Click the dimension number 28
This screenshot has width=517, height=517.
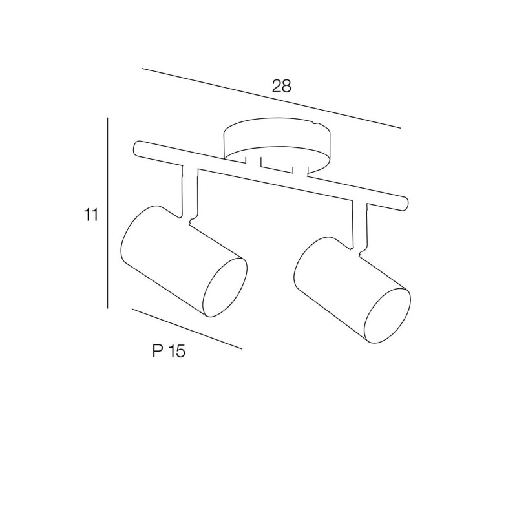point(282,86)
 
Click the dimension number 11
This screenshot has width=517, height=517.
point(90,215)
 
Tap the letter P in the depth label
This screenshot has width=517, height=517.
point(157,351)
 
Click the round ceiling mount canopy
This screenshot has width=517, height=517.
point(277,144)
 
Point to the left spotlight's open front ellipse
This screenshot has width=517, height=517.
point(224,287)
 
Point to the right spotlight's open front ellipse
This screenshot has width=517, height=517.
point(387,316)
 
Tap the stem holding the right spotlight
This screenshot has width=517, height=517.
point(359,226)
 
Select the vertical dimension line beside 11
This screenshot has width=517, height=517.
point(108,213)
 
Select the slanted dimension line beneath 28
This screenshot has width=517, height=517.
point(271,98)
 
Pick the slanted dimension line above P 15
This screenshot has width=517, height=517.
point(187,328)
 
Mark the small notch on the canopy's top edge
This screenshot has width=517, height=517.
point(315,123)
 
